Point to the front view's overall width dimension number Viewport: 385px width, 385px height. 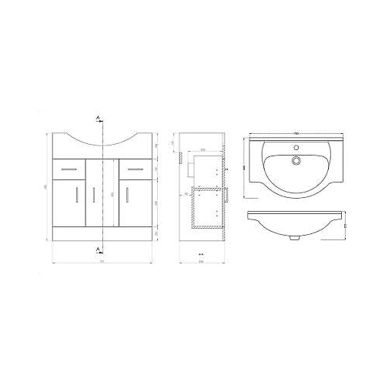(101, 262)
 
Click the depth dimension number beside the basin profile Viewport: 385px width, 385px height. (345, 226)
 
